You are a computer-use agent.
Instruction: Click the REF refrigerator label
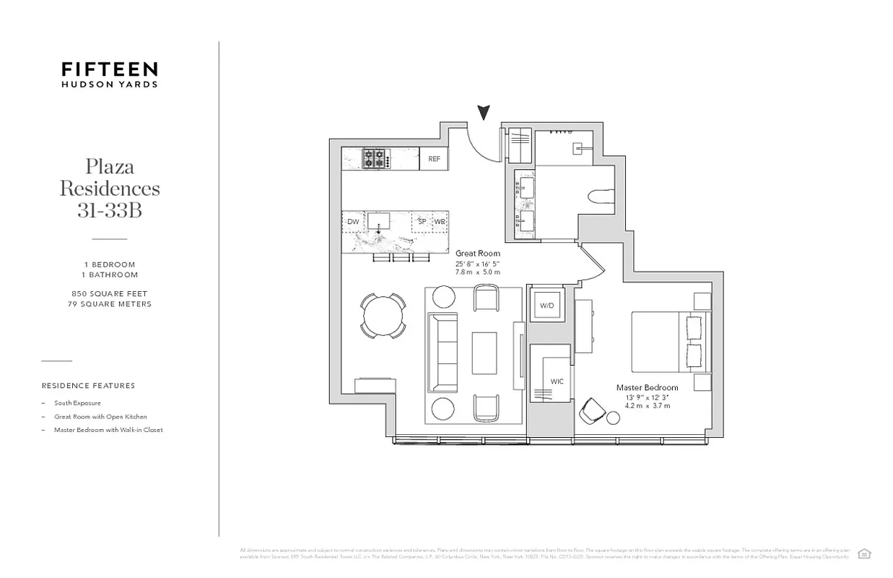pyautogui.click(x=434, y=159)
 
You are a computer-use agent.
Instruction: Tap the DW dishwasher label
pyautogui.click(x=353, y=222)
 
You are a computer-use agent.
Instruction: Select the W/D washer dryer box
pyautogui.click(x=547, y=306)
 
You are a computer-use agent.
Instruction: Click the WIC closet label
pyautogui.click(x=557, y=381)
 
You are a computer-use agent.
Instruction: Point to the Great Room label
pyautogui.click(x=477, y=254)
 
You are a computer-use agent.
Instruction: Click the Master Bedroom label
pyautogui.click(x=647, y=388)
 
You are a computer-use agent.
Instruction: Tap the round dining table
pyautogui.click(x=383, y=315)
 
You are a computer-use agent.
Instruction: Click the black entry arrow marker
pyautogui.click(x=484, y=113)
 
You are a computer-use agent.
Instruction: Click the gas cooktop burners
pyautogui.click(x=375, y=159)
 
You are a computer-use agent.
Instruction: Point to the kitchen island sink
pyautogui.click(x=378, y=222)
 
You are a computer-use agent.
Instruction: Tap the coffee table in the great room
pyautogui.click(x=484, y=353)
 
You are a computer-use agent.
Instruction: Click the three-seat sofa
pyautogui.click(x=443, y=353)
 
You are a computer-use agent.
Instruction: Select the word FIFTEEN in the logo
pyautogui.click(x=109, y=69)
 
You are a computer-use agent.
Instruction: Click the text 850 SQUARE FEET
pyautogui.click(x=109, y=294)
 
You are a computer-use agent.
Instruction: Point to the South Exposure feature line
pyautogui.click(x=77, y=403)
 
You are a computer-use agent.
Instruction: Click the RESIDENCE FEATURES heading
pyautogui.click(x=88, y=386)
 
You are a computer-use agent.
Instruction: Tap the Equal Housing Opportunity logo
pyautogui.click(x=863, y=554)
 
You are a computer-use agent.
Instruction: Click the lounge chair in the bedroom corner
pyautogui.click(x=594, y=410)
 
